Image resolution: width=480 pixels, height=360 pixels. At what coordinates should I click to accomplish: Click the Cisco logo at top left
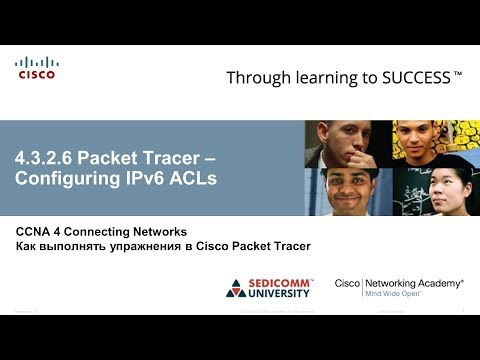click(x=37, y=67)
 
